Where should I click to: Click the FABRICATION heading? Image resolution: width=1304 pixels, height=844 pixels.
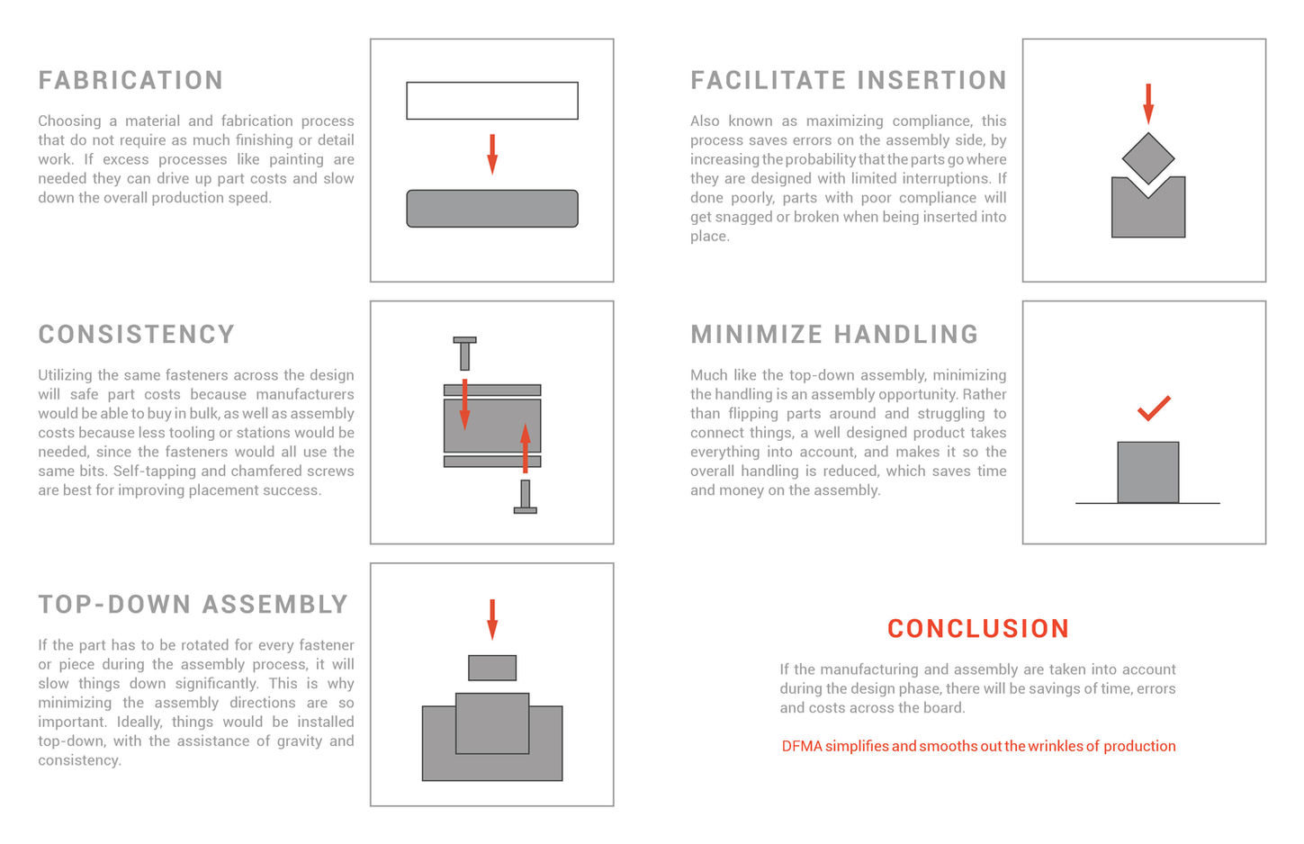coord(130,80)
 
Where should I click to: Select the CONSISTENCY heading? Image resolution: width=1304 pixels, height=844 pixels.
coord(136,334)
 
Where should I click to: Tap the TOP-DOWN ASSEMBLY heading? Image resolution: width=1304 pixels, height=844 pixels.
coord(193,604)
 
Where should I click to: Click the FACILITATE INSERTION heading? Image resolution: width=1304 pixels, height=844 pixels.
coord(848,80)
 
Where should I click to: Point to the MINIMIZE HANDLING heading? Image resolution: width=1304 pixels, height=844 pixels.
coord(833,334)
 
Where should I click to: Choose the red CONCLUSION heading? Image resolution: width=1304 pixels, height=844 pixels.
coord(977,628)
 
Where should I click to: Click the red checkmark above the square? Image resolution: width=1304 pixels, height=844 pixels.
coord(1153,409)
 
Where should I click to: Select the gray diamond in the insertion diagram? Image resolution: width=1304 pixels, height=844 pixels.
coord(1148,158)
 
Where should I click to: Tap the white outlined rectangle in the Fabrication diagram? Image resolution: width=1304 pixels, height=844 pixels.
coord(491,101)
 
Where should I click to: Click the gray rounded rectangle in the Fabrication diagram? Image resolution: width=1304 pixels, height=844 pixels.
coord(491,209)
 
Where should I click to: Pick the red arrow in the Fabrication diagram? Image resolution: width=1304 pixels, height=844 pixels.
coord(492,153)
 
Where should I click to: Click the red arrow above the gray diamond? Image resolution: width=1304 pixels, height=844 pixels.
coord(1148,103)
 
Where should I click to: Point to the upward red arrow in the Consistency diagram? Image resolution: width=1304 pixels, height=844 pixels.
coord(526,447)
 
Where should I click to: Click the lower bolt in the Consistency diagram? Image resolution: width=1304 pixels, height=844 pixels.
coord(526,498)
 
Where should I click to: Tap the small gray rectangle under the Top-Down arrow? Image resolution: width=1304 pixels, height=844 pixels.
coord(492,668)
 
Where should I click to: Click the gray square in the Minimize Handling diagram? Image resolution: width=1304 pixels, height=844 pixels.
coord(1147,472)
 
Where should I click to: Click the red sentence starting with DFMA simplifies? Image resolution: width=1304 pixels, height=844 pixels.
coord(978,746)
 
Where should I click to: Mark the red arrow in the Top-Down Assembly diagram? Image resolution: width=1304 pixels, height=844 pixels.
coord(492,619)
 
